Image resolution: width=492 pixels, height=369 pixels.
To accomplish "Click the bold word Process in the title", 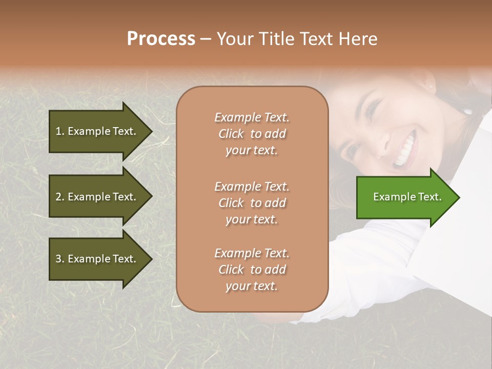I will coord(161,39).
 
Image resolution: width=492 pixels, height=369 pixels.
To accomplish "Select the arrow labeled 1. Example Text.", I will coord(97,131).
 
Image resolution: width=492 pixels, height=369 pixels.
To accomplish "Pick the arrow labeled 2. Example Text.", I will coord(97,197).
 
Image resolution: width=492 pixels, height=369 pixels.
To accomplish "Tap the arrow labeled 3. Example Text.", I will coord(97,259).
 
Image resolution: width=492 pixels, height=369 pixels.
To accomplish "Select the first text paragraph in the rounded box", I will coord(252,134).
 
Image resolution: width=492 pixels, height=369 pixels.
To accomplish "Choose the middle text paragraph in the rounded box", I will coord(252,203).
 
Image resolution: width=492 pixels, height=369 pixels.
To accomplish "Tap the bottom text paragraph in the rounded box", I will coord(252,270).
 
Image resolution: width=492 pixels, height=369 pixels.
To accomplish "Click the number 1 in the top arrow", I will coord(58,131).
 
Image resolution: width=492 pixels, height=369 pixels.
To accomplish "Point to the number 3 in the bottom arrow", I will coord(58,259).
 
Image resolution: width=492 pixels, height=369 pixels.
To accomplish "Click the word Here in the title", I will coord(359,39).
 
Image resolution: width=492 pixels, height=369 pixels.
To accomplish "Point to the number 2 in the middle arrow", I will coord(58,197).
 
